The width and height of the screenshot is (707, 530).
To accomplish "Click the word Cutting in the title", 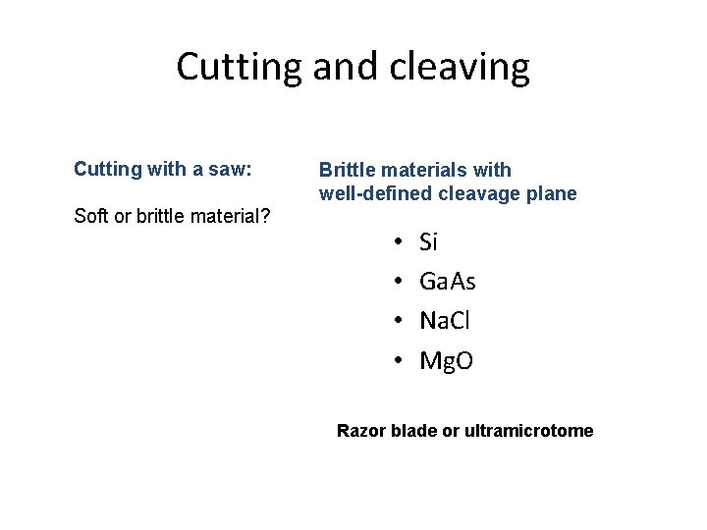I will coord(239,68).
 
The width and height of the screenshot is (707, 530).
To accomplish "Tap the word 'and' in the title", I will coord(345,68).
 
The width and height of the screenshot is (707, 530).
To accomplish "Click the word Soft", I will coord(91,216).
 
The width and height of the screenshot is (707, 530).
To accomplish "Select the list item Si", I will coord(428,241).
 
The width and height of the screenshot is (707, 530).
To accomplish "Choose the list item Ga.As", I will coord(447,282).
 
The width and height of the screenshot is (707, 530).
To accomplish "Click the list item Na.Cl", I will coord(446,321).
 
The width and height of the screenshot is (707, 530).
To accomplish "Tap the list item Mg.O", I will coord(446,361).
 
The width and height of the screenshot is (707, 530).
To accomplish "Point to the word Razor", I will coord(361,430).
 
